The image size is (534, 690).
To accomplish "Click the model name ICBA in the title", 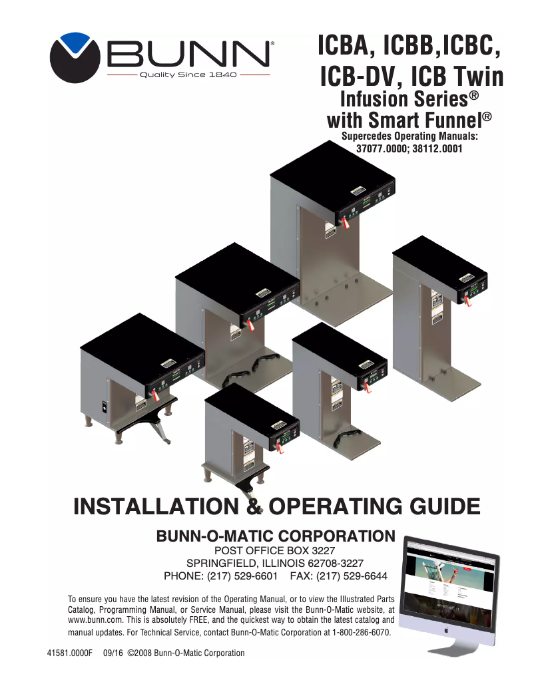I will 346,46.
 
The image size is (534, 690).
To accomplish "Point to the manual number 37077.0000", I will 382,149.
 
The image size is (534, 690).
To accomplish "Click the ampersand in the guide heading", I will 252,505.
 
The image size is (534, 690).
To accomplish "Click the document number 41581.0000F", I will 69,653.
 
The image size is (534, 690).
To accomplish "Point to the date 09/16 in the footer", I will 114,653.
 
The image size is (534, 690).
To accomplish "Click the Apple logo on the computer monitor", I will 451,627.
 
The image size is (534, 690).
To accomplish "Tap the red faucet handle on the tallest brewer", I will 346,226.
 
